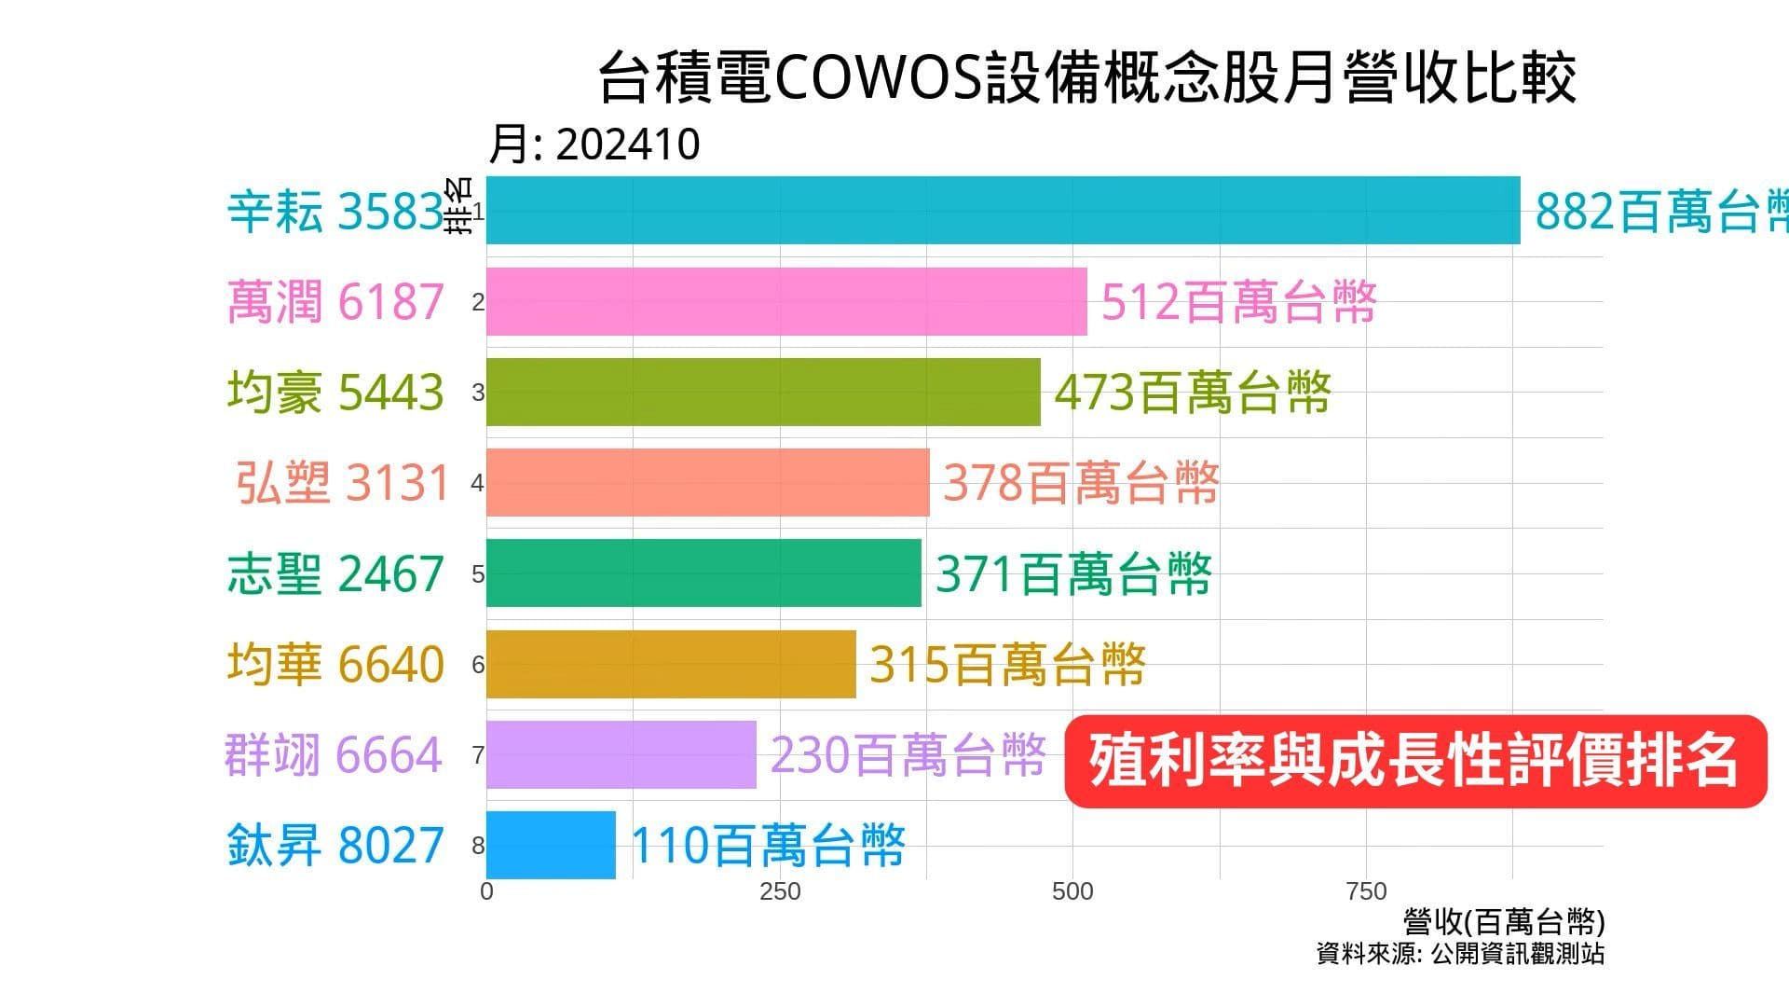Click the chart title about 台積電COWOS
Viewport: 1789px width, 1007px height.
pyautogui.click(x=1086, y=78)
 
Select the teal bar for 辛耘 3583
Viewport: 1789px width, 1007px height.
pyautogui.click(x=1003, y=211)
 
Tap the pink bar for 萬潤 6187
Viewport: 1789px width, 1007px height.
pyautogui.click(x=786, y=301)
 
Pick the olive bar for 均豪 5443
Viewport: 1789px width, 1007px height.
pyautogui.click(x=763, y=392)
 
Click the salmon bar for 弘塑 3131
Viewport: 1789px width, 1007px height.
pyautogui.click(x=707, y=482)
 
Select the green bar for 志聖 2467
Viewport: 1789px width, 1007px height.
pyautogui.click(x=703, y=572)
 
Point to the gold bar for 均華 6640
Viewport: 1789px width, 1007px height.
pyautogui.click(x=671, y=664)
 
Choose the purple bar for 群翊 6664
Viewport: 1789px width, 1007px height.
pyautogui.click(x=621, y=754)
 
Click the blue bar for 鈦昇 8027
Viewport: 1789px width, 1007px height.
pyautogui.click(x=551, y=845)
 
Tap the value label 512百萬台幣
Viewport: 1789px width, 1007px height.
pyautogui.click(x=1238, y=302)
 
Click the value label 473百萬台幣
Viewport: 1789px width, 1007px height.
pyautogui.click(x=1192, y=393)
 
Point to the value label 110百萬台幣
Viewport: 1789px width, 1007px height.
pyautogui.click(x=768, y=846)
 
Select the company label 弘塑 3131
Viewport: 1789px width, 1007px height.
pyautogui.click(x=343, y=483)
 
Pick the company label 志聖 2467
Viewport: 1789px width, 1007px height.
pyautogui.click(x=335, y=573)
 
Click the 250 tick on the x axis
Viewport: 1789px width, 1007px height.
pyautogui.click(x=780, y=891)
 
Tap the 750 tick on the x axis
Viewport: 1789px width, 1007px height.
pyautogui.click(x=1366, y=891)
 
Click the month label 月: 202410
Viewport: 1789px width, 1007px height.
pyautogui.click(x=594, y=145)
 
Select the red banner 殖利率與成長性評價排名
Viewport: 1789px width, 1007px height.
pyautogui.click(x=1414, y=761)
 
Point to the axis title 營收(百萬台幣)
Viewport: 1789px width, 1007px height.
pyautogui.click(x=1504, y=922)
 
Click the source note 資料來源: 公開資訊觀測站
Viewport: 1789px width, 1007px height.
pyautogui.click(x=1460, y=954)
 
